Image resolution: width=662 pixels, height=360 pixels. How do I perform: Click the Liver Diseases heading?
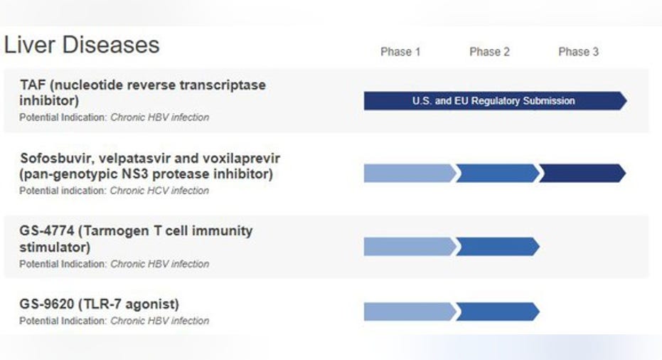pyautogui.click(x=82, y=45)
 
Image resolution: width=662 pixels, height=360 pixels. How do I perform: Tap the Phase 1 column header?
pyautogui.click(x=400, y=52)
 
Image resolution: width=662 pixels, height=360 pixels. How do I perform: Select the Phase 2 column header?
pyautogui.click(x=489, y=52)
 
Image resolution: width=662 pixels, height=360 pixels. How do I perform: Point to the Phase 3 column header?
pyautogui.click(x=578, y=52)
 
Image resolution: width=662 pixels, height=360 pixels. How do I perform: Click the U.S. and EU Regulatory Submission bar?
pyautogui.click(x=495, y=100)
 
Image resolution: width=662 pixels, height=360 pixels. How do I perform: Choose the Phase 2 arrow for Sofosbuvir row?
pyautogui.click(x=497, y=173)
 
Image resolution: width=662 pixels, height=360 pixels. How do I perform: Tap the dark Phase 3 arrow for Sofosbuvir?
pyautogui.click(x=582, y=173)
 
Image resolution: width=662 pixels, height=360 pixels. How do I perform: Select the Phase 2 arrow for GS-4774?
pyautogui.click(x=497, y=247)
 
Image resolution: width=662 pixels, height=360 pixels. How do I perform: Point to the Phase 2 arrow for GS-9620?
pyautogui.click(x=497, y=312)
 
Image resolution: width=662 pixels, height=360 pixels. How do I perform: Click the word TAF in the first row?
pyautogui.click(x=33, y=85)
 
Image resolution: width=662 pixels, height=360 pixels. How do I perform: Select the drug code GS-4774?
pyautogui.click(x=46, y=231)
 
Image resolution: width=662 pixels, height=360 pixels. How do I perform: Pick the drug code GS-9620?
pyautogui.click(x=46, y=305)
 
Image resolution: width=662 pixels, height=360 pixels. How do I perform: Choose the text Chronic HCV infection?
pyautogui.click(x=159, y=191)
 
